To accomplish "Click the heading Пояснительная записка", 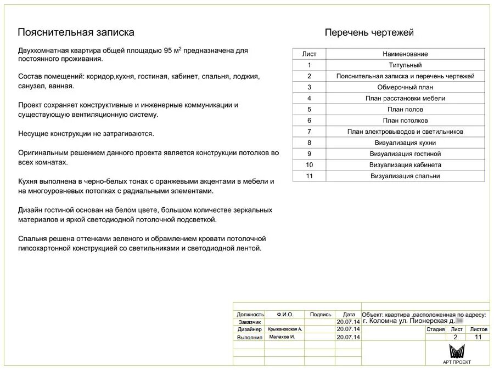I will [76, 32].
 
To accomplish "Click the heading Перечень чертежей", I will [369, 33].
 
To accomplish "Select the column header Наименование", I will [405, 54].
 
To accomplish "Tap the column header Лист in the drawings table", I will [309, 54].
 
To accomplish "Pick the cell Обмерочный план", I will [405, 87].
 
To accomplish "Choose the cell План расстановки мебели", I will [405, 99].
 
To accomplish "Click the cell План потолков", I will [405, 121].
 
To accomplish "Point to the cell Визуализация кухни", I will [405, 143].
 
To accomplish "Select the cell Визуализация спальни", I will [405, 176].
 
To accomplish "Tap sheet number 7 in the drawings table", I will [309, 132].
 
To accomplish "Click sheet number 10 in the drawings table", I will [309, 165].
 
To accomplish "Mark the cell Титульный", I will [405, 65].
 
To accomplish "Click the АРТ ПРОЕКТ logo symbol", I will [457, 351].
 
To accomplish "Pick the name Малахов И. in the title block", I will [282, 337].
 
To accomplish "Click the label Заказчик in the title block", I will [250, 322].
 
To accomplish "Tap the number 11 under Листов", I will [478, 337].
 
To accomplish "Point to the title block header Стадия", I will [435, 329].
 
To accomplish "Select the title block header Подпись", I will [321, 315].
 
